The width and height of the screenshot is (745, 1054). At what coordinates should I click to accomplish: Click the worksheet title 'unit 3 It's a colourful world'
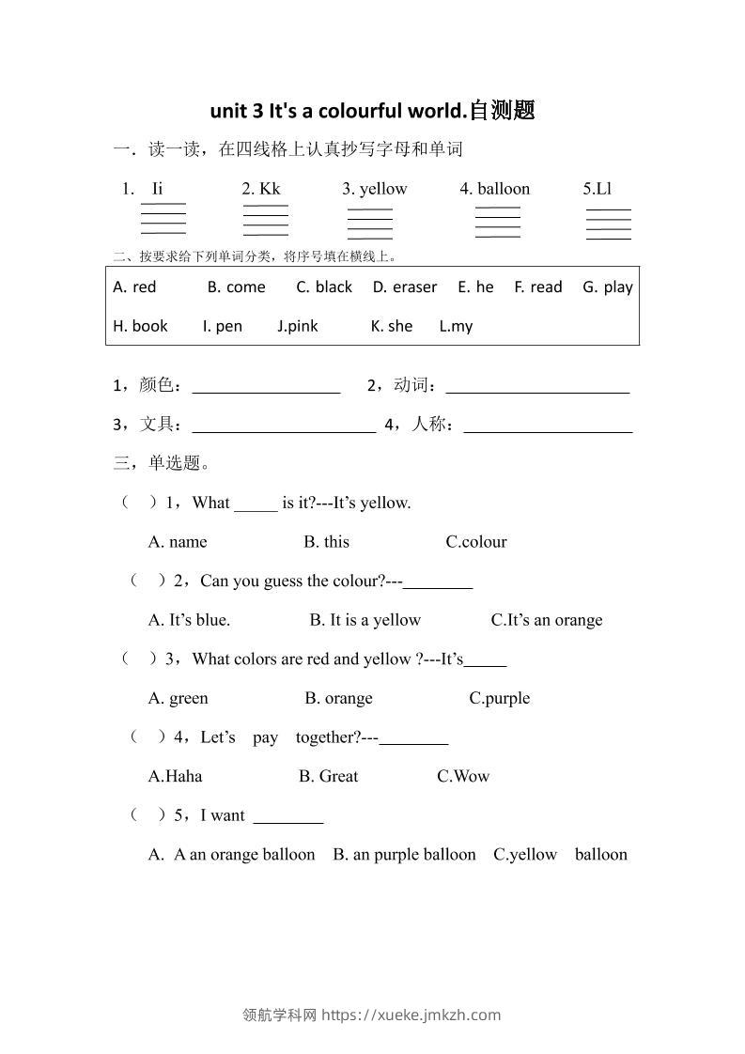[x=372, y=111]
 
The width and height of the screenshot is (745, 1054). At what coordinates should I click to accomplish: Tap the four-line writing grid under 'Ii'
[x=163, y=218]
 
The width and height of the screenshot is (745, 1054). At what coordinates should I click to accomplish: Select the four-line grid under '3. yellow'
[x=370, y=224]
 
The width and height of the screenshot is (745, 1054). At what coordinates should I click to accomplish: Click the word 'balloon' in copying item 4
[x=504, y=189]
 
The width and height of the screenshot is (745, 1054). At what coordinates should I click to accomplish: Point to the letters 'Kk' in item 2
[x=270, y=189]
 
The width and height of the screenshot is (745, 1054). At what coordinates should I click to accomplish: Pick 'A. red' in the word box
[x=134, y=287]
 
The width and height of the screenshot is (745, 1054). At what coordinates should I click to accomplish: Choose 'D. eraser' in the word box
[x=405, y=287]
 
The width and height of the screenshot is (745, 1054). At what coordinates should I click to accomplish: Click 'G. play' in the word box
[x=608, y=287]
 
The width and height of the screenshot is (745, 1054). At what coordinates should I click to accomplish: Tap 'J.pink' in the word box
[x=298, y=326]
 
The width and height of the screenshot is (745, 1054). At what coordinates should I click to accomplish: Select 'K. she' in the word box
[x=392, y=326]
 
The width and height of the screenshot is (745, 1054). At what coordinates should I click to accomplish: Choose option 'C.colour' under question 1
[x=476, y=542]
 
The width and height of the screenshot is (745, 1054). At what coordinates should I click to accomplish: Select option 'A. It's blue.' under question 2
[x=190, y=620]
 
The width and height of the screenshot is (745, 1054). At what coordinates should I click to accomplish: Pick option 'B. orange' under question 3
[x=338, y=698]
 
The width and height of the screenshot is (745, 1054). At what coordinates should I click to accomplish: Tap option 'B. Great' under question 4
[x=329, y=776]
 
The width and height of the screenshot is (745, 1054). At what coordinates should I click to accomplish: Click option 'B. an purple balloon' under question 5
[x=404, y=855]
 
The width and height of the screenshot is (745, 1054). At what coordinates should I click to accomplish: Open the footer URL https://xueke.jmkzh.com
[x=411, y=1015]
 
